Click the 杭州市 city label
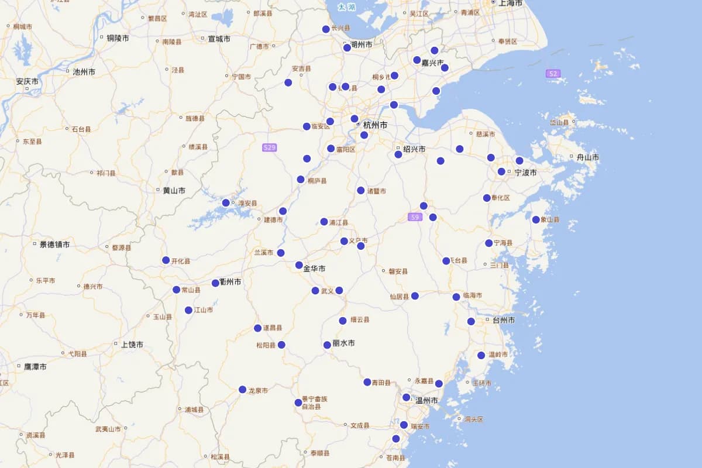coord(375,125)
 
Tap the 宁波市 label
coord(525,173)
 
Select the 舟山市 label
coord(587,157)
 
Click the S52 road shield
coord(553,74)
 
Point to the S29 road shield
coord(269,147)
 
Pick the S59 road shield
coord(415,217)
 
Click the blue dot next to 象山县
coord(536,219)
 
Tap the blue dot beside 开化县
coord(166,260)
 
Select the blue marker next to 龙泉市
coord(242,390)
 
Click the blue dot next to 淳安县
coord(226,203)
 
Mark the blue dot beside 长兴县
coord(326,29)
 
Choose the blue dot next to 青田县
coord(367,382)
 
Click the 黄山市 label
coord(174,191)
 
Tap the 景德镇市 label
coord(54,245)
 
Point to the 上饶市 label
coord(132,345)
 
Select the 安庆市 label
coord(27,81)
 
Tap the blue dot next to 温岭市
coord(481,355)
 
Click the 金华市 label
coord(314,269)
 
